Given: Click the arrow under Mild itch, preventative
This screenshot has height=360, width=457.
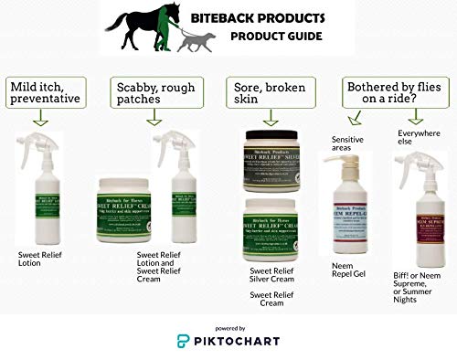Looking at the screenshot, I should [40, 121].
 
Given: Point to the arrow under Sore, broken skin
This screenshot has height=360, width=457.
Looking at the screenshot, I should [270, 121].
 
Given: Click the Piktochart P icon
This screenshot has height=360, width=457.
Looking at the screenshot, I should [185, 341].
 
